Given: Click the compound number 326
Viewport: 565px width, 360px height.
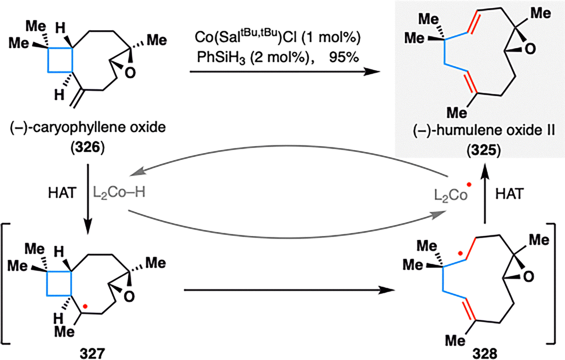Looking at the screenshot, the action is tap(88, 148).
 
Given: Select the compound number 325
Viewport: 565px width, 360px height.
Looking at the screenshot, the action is tap(484, 151).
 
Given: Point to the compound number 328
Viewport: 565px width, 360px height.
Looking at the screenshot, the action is tap(484, 353).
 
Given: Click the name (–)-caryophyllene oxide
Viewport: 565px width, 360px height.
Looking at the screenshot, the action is tap(88, 127).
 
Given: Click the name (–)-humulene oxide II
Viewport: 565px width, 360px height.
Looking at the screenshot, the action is tap(484, 130).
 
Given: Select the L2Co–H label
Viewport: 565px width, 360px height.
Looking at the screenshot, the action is tap(119, 193).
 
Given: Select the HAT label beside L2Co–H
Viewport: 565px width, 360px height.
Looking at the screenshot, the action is tap(63, 194).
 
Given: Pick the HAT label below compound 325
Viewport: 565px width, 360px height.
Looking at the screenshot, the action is tap(509, 194).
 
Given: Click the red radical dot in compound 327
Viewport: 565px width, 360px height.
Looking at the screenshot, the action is tap(85, 306).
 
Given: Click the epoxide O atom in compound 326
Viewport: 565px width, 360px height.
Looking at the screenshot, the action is tap(130, 72).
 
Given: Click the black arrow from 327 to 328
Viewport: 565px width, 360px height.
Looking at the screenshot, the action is tap(288, 289).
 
